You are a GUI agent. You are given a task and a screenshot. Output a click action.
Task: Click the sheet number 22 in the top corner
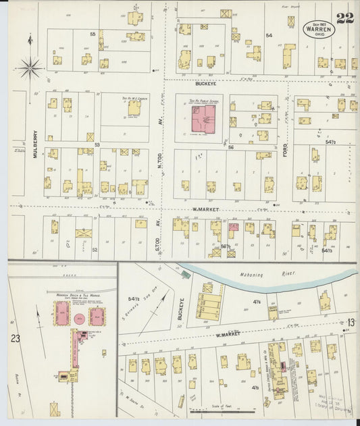[344, 18]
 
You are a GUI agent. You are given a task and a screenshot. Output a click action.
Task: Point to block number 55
[93, 34]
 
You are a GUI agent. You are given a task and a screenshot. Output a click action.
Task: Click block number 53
[97, 144]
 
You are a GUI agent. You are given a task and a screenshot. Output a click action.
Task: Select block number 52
[95, 249]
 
